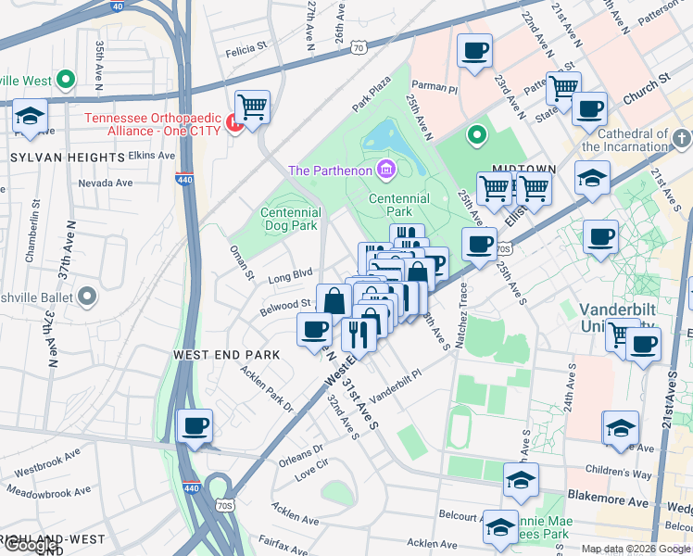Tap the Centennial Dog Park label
tap(290, 219)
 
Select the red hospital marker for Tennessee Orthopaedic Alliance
tap(234, 123)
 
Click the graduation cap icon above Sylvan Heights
tap(31, 118)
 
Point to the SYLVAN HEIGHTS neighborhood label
tap(67, 158)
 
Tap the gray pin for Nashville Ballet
tap(87, 297)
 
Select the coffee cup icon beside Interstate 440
tap(195, 426)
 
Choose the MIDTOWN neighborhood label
tap(523, 170)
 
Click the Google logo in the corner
tap(30, 545)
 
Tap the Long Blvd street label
tap(290, 275)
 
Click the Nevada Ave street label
tap(105, 183)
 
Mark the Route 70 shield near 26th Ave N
tap(360, 45)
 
